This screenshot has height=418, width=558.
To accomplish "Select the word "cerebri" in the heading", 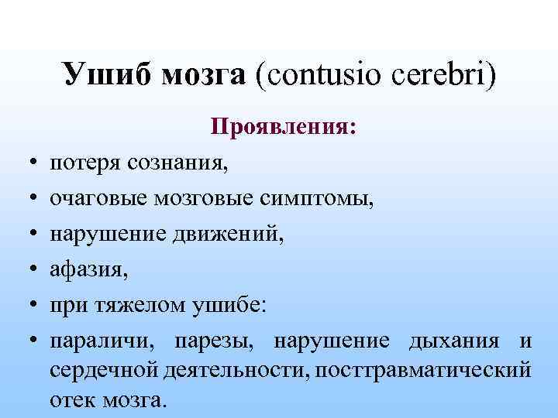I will pos(439,77).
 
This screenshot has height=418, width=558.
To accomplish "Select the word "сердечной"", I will pos(105,369).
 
